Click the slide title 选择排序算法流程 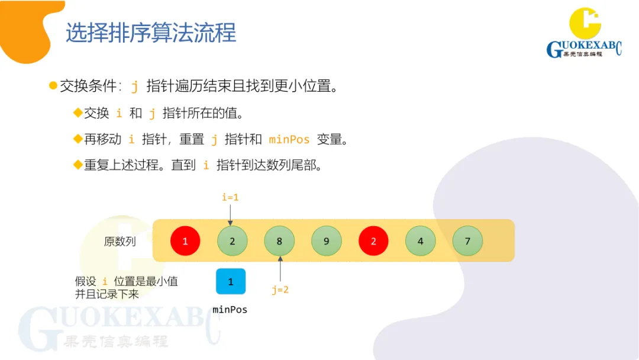pos(151,33)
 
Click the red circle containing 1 pos(185,241)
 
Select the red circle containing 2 pos(373,241)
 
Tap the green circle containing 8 pos(279,241)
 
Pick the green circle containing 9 pos(327,241)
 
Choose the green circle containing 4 pos(421,241)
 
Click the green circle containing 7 pos(467,241)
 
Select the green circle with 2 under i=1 pos(232,241)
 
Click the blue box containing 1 pos(231,282)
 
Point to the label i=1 pos(230,197)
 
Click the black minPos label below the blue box pos(230,310)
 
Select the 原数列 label pos(120,242)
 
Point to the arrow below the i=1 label pos(230,214)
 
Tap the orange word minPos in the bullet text pos(289,140)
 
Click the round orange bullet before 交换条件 pos(53,86)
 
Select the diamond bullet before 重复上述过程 pos(78,165)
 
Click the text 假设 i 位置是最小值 pos(126,282)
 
